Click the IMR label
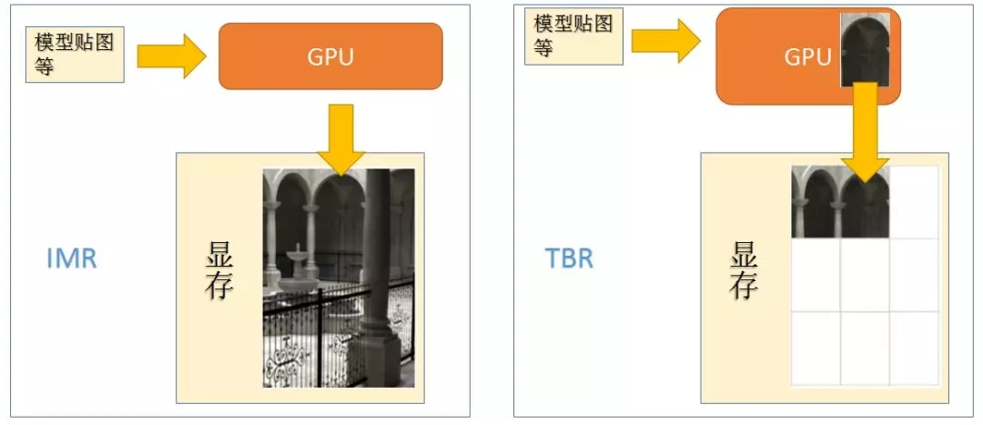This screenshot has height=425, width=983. coord(71,258)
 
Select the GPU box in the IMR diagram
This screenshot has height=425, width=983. coord(330,56)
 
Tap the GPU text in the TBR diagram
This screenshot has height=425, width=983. coord(808,57)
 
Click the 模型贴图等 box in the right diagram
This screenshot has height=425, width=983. coord(573,36)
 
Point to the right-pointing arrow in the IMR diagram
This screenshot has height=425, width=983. coord(172,56)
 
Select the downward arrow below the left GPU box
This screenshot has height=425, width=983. coord(340,137)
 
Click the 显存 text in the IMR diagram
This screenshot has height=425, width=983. coord(219,271)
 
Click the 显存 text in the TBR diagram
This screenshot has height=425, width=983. coord(744,271)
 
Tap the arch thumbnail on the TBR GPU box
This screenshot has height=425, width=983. coord(865,50)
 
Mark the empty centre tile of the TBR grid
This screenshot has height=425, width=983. coord(864,275)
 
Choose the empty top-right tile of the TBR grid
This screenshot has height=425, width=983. coord(913,202)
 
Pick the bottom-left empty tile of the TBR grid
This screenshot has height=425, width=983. coord(816,348)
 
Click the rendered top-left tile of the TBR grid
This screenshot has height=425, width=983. coord(816,202)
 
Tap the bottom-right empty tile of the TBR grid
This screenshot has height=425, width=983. coord(913,348)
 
